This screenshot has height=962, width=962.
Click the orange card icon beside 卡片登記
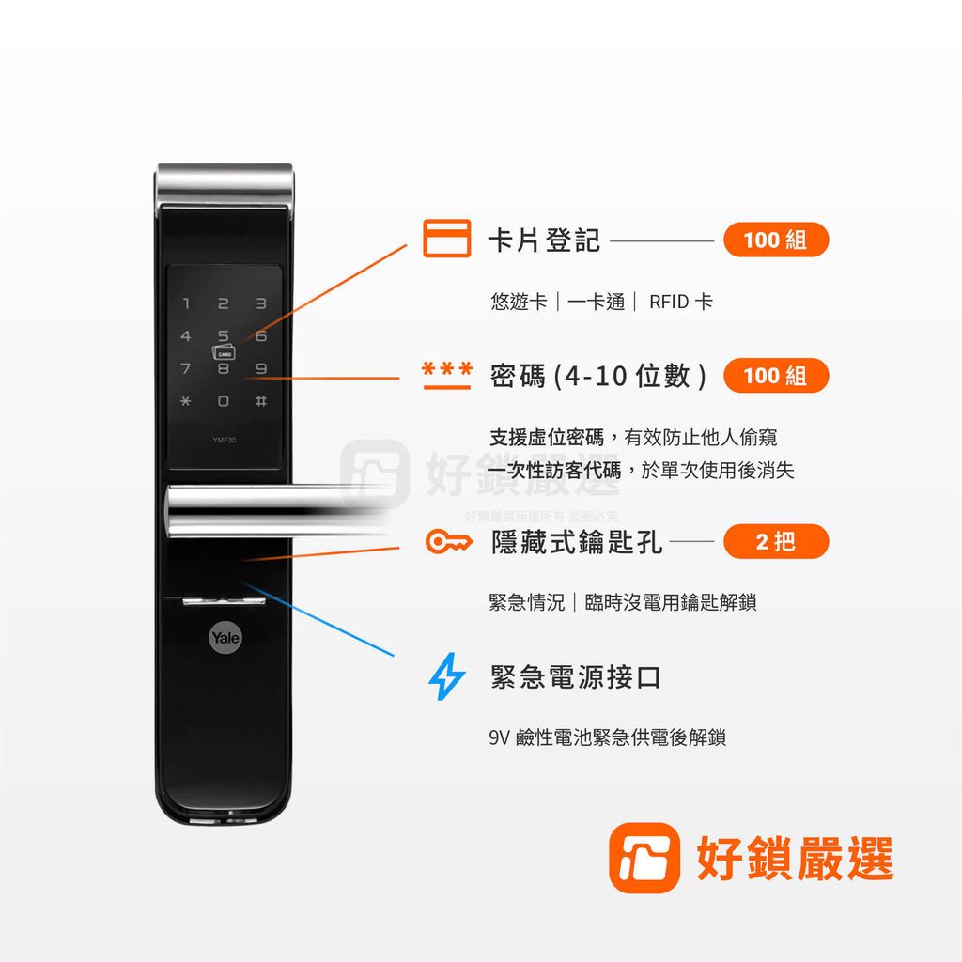tap(446, 239)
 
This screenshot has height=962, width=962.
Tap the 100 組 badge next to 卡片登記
tap(775, 240)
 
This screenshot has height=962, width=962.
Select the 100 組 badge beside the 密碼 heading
tap(775, 376)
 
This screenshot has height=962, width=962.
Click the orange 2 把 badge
tap(776, 542)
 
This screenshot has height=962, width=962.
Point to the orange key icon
tap(447, 542)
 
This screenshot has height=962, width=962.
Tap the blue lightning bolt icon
tap(446, 677)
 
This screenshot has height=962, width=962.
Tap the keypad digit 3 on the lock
tap(261, 303)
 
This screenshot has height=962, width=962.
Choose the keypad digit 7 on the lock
tap(186, 369)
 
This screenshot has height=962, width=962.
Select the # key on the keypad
tap(261, 401)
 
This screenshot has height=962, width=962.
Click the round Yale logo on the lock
tap(225, 638)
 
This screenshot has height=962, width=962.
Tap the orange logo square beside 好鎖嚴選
tap(644, 858)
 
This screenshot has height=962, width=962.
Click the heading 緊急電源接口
tap(575, 677)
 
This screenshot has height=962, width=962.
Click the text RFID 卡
tap(680, 302)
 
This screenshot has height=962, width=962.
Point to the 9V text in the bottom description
tap(499, 737)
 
